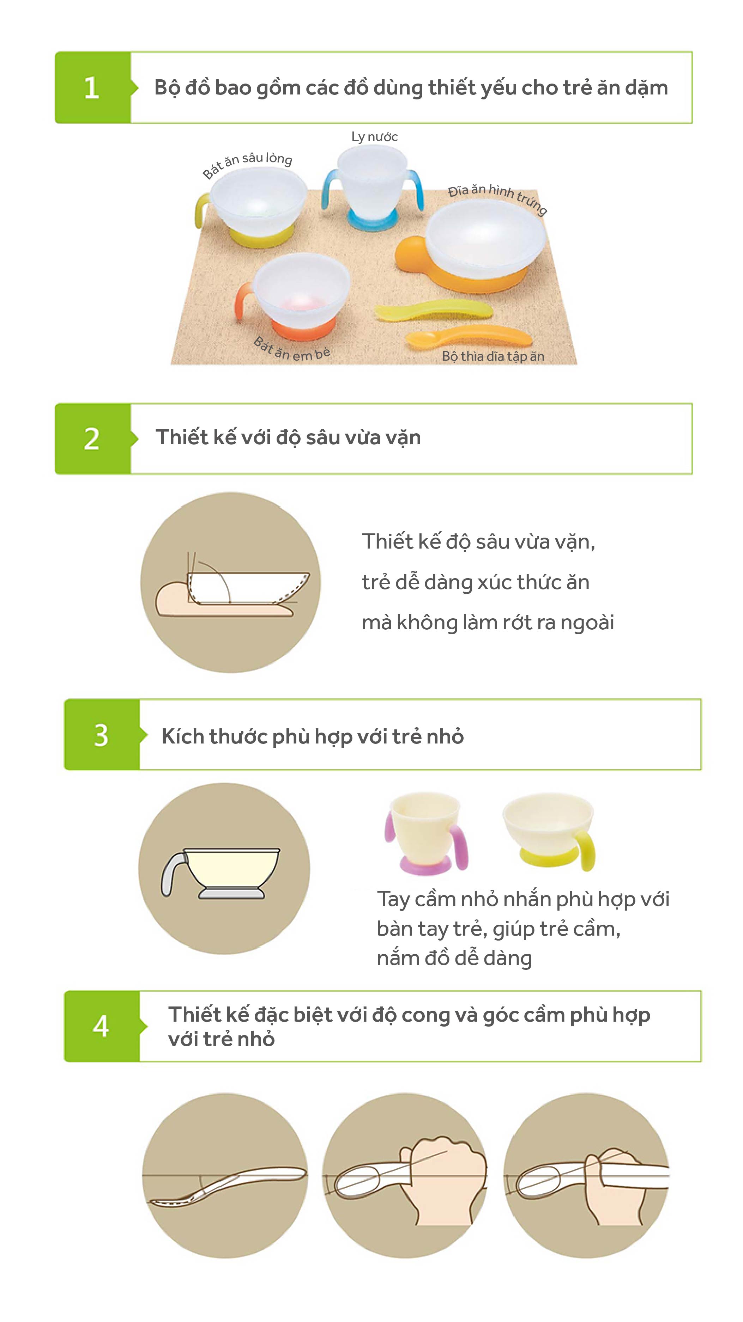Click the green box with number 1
[93, 87]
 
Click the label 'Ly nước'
[374, 136]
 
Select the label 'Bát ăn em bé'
[292, 349]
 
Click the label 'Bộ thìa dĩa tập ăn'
[493, 356]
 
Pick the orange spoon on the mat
[468, 337]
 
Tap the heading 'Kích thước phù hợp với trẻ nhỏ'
[313, 736]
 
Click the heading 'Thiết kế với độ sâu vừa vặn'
[288, 438]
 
